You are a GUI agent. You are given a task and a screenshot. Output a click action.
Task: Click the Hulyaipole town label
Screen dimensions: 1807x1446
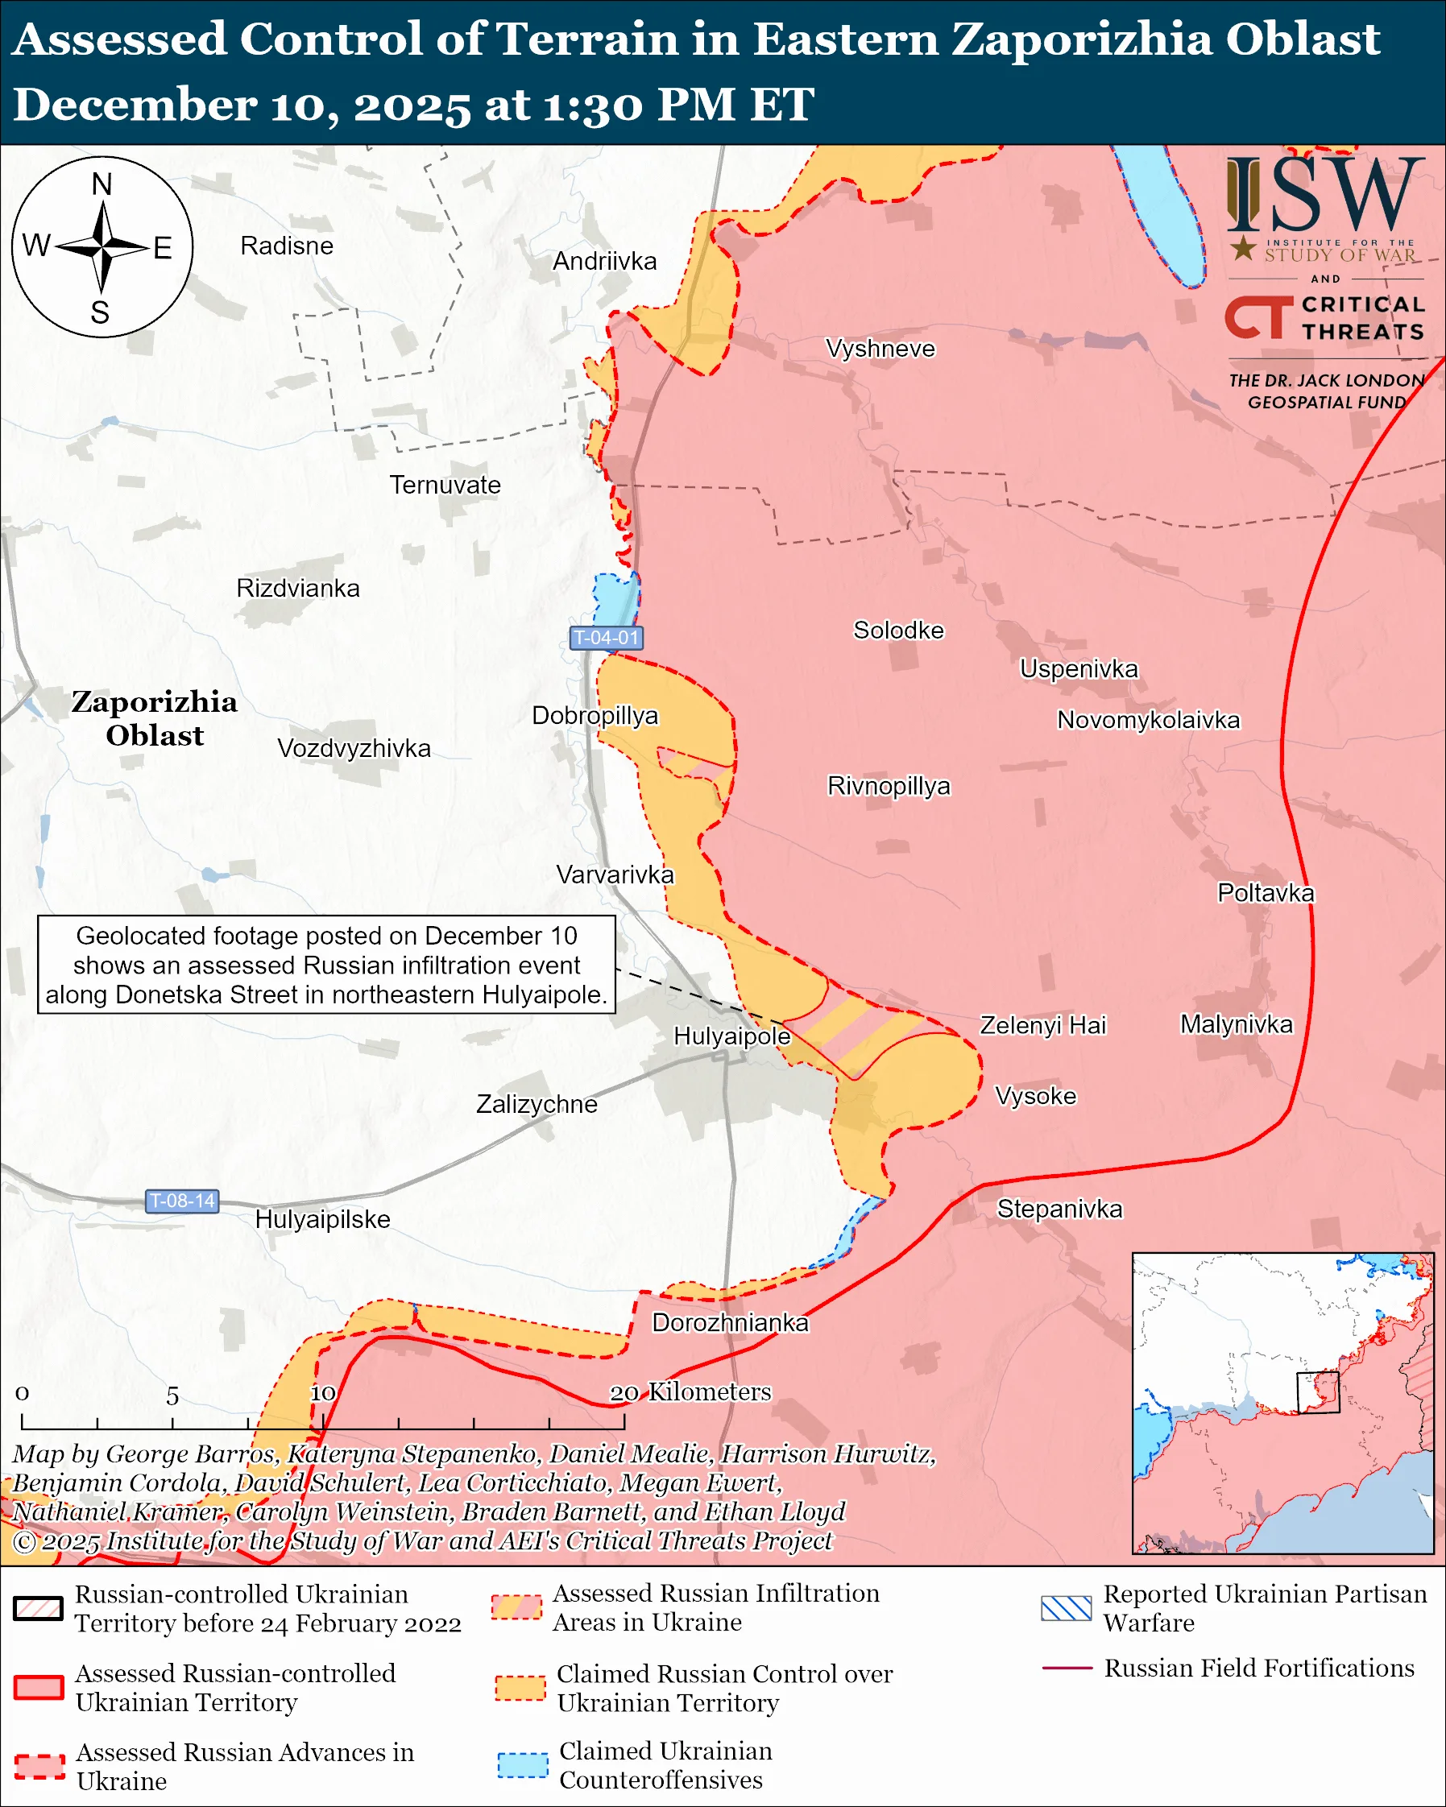[x=731, y=1036]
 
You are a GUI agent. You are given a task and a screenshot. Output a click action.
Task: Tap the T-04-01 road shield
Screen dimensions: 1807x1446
[x=606, y=638]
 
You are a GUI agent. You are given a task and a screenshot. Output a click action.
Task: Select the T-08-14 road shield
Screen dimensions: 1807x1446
[x=182, y=1201]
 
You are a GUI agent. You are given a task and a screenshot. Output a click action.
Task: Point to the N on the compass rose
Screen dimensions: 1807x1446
[x=102, y=184]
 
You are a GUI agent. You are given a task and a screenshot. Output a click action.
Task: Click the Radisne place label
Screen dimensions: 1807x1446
[x=287, y=246]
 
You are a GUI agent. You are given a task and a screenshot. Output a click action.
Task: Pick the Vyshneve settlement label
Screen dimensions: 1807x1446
[x=880, y=349]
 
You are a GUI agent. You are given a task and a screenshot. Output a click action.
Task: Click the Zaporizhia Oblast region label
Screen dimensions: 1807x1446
[x=154, y=718]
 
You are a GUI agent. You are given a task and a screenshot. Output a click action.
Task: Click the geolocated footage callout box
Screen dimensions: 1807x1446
[x=326, y=965]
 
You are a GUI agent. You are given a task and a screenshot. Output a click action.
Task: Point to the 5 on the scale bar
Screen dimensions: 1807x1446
[x=172, y=1396]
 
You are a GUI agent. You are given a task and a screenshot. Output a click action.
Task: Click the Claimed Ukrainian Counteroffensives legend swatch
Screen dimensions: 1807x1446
[x=522, y=1765]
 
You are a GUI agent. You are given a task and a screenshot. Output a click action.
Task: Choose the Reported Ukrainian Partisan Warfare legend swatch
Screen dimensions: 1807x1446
[x=1066, y=1608]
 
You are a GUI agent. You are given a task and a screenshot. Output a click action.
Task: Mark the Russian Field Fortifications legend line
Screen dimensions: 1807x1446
[x=1067, y=1668]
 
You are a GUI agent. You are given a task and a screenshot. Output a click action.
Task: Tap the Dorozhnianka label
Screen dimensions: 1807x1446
[x=730, y=1322]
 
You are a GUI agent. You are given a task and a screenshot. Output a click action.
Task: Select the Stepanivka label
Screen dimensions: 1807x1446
[x=1059, y=1209]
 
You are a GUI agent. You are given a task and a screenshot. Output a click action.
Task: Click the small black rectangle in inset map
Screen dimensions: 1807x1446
[x=1318, y=1392]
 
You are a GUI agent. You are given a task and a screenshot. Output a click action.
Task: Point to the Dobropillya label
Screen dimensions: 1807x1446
[x=595, y=716]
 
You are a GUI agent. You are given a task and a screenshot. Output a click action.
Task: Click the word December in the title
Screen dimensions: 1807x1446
[x=134, y=105]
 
